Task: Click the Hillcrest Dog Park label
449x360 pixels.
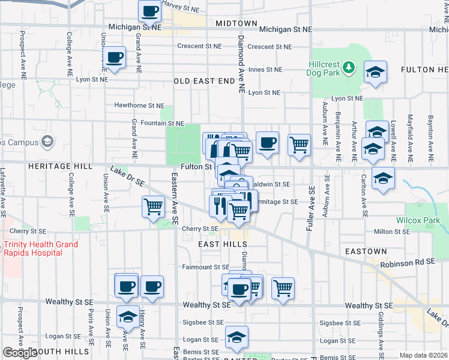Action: click(325, 68)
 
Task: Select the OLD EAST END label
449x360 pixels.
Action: click(204, 81)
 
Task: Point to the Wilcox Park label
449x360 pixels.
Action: click(418, 220)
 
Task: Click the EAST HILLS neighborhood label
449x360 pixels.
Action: click(223, 245)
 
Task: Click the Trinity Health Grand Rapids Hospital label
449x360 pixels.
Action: click(40, 248)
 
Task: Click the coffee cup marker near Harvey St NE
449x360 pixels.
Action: click(149, 11)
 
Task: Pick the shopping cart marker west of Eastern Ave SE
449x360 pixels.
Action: click(154, 207)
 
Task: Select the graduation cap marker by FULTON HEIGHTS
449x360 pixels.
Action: click(375, 73)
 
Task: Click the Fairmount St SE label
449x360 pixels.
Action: click(206, 267)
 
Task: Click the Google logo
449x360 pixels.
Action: click(20, 353)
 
